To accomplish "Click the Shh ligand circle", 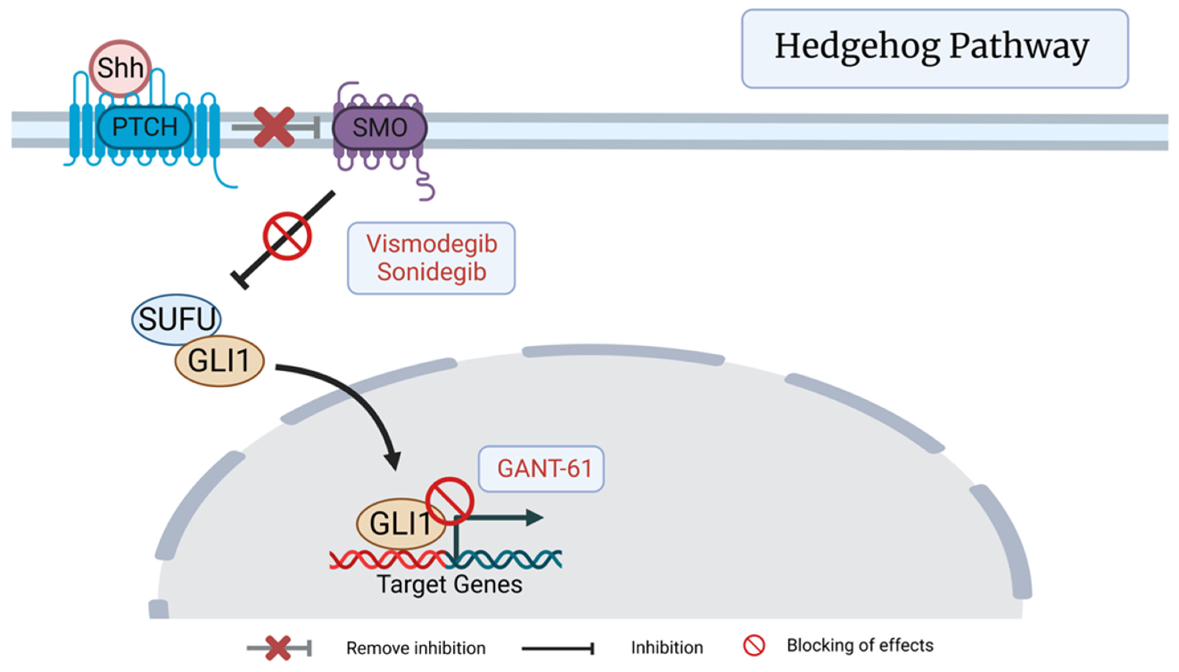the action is [120, 68].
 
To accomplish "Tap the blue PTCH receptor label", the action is [144, 126].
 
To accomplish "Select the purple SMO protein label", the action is [379, 128].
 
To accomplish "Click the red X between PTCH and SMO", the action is [274, 127].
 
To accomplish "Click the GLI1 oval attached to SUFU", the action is [219, 360].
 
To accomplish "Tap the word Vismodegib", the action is [432, 244].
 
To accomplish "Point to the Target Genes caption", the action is [449, 584].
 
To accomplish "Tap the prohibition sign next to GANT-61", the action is [449, 501].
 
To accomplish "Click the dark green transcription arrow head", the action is [535, 518].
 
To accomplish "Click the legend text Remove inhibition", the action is [416, 648].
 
